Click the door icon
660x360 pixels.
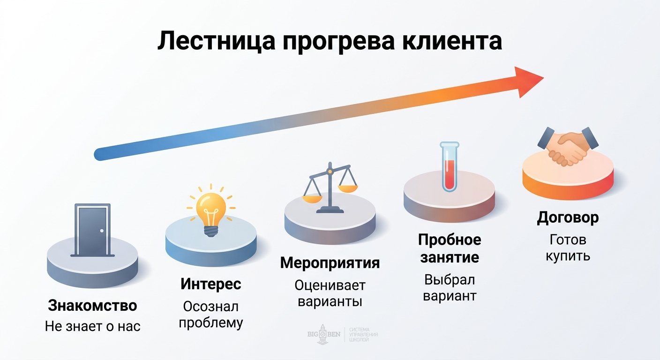[x=92, y=230]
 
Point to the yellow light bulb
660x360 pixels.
[x=210, y=210]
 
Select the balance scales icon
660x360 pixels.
[x=330, y=187]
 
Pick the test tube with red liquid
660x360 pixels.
[x=449, y=167]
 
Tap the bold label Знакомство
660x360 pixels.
[x=92, y=306]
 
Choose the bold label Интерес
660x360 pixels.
[x=210, y=284]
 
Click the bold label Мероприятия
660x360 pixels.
[x=330, y=263]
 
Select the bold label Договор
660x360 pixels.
[x=568, y=218]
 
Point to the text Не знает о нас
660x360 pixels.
[x=92, y=326]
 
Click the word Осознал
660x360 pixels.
[x=210, y=307]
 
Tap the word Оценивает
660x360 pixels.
[x=330, y=285]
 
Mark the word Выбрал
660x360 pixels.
[x=450, y=280]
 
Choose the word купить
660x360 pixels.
[x=568, y=256]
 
